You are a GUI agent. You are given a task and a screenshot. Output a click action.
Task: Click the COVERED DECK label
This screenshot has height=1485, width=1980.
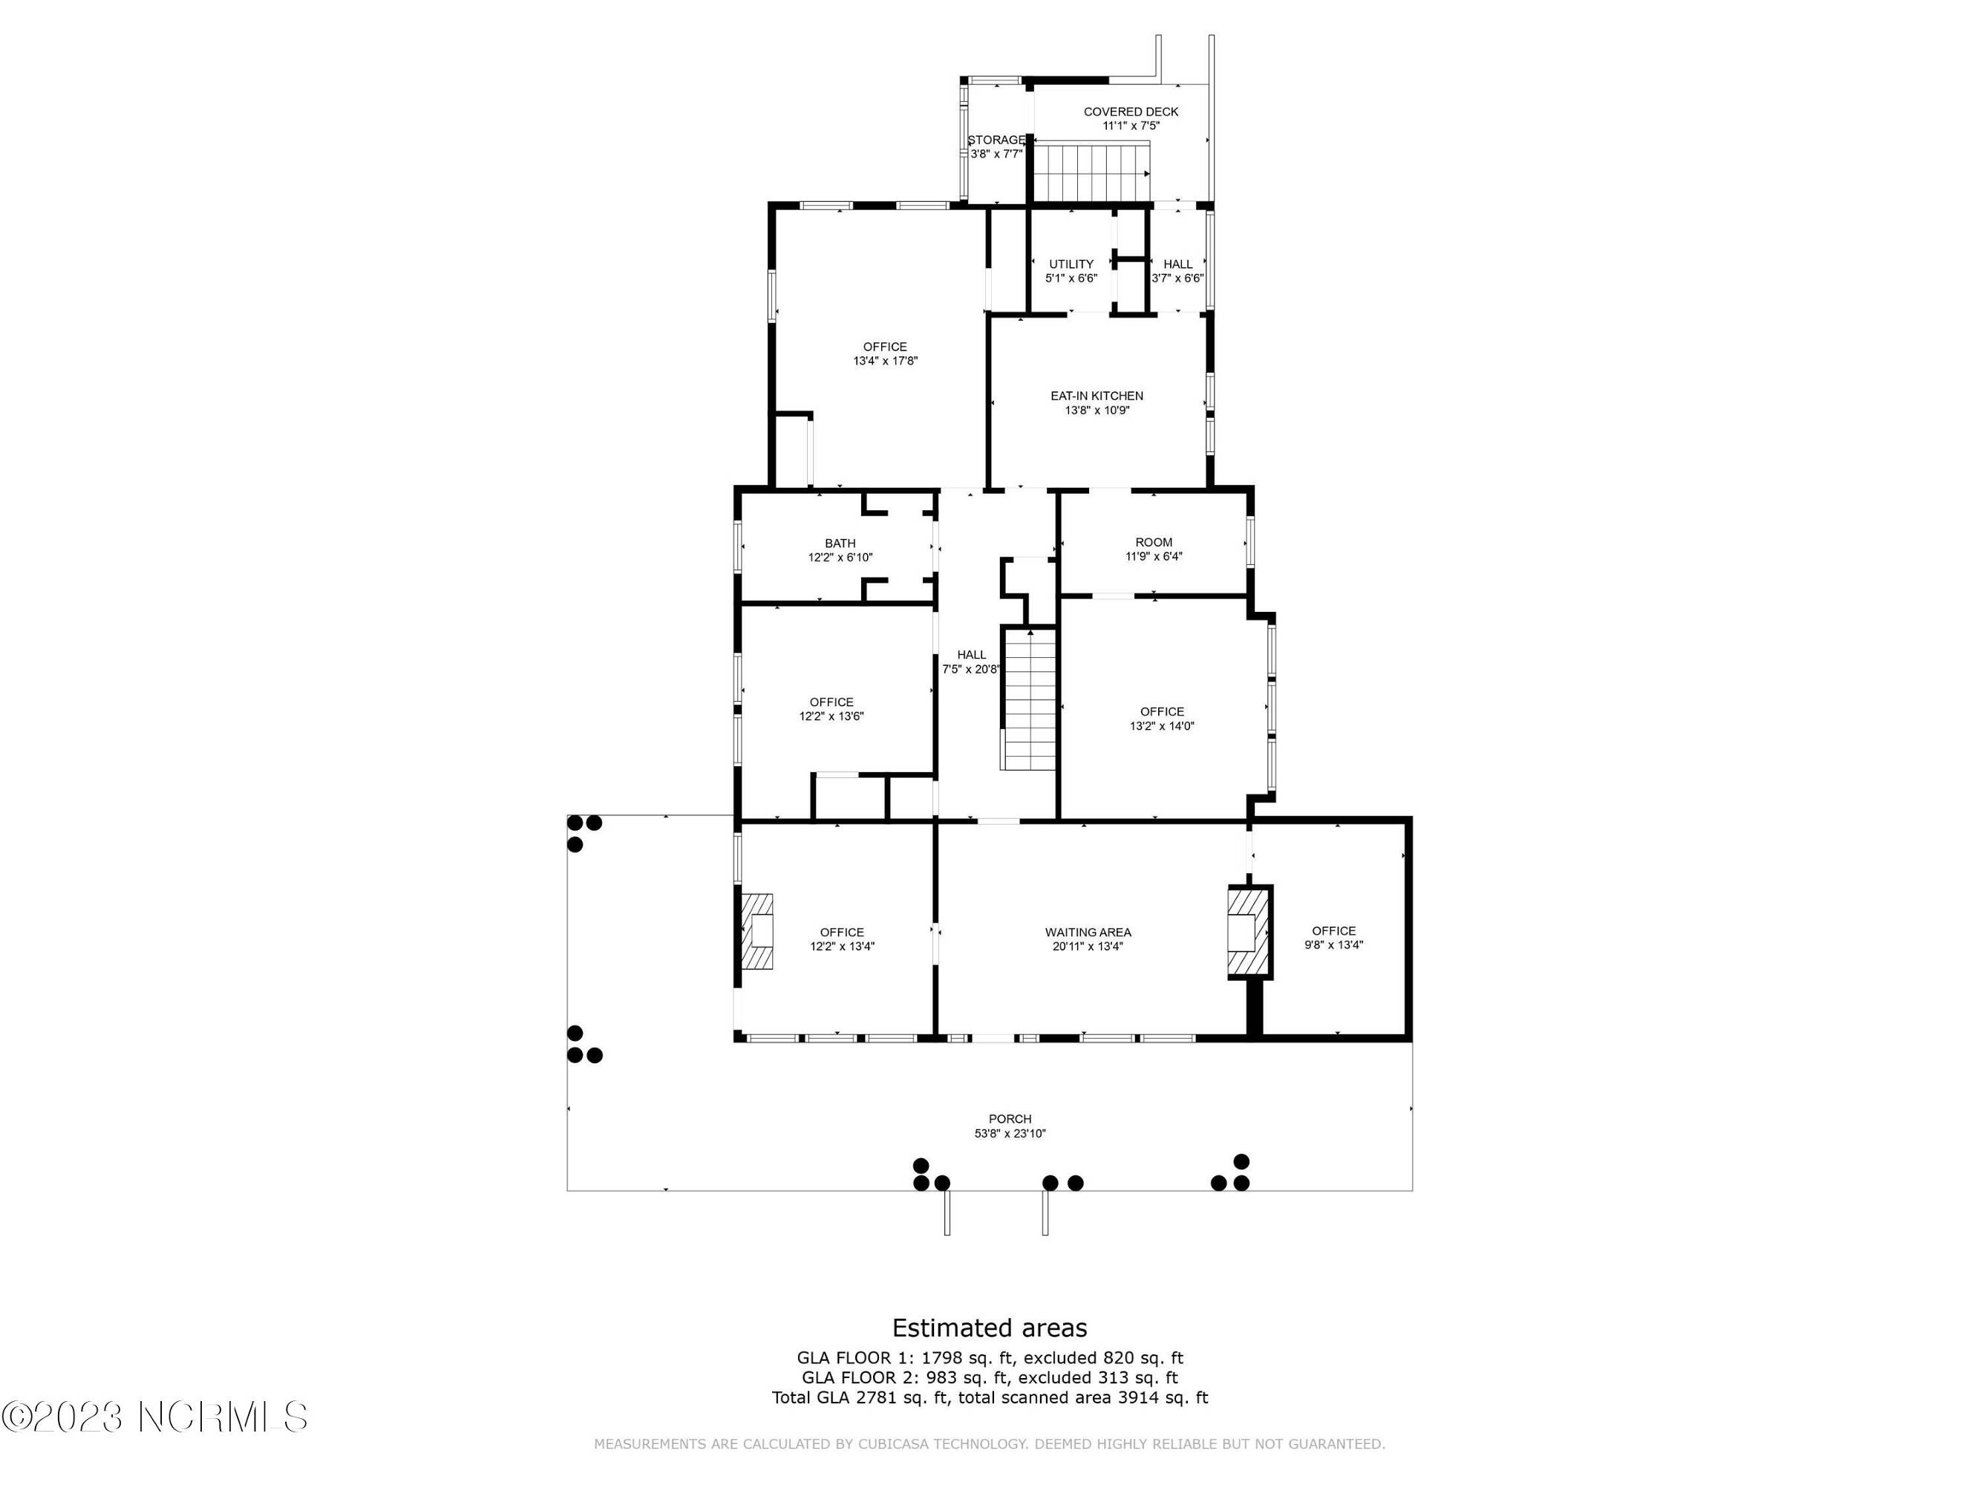point(1131,112)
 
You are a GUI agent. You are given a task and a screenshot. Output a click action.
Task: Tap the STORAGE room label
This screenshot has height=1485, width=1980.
point(996,140)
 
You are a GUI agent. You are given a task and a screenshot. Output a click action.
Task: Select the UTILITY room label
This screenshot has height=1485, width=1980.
point(1071,264)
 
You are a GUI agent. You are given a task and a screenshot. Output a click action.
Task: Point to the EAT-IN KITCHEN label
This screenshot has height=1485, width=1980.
point(1097,396)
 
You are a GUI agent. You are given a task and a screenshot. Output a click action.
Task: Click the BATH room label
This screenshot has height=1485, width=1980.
point(840,544)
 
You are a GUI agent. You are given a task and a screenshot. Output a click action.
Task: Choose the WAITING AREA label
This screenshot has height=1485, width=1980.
point(1088,933)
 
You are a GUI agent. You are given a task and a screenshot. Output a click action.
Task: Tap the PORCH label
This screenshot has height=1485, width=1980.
point(1010,1119)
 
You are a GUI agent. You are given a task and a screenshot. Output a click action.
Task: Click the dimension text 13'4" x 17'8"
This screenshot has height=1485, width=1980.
point(885,362)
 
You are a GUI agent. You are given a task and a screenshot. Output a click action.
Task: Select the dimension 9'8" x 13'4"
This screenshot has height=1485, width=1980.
point(1333,945)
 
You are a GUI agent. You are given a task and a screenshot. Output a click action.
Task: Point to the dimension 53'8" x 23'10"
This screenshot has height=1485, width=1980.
point(1010,1134)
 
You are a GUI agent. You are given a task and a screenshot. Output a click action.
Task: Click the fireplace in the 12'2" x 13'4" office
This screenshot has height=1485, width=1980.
point(757,931)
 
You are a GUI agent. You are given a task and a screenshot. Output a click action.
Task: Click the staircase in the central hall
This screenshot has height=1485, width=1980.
point(1030,699)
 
